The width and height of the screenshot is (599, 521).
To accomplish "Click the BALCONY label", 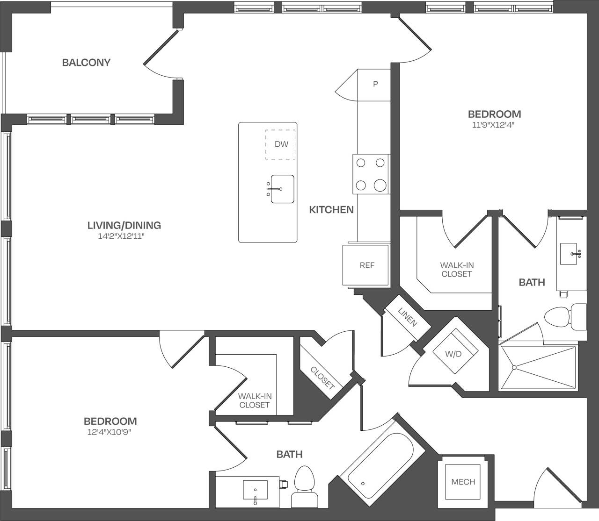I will click(x=86, y=63).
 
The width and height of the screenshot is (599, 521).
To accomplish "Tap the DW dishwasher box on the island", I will click(x=281, y=144).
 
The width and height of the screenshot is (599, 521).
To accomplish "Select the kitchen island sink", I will click(x=282, y=189).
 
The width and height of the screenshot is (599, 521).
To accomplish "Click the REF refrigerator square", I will click(x=367, y=265).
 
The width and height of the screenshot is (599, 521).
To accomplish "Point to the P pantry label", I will click(x=375, y=85).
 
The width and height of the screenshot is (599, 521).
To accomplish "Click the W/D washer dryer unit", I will click(x=453, y=354).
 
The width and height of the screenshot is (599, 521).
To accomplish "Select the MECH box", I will click(x=463, y=482).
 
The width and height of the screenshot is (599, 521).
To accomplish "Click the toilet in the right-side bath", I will click(x=559, y=317).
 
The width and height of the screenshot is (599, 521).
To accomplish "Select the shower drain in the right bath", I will click(x=514, y=367).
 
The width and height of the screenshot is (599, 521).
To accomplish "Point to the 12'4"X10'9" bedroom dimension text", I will click(x=110, y=432).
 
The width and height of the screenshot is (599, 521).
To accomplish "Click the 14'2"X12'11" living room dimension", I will click(x=124, y=236).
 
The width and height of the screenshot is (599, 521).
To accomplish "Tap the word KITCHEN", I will click(x=331, y=210).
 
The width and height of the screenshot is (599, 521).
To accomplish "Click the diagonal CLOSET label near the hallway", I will click(x=322, y=378).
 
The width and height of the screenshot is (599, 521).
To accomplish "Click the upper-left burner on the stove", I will click(x=361, y=163).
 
